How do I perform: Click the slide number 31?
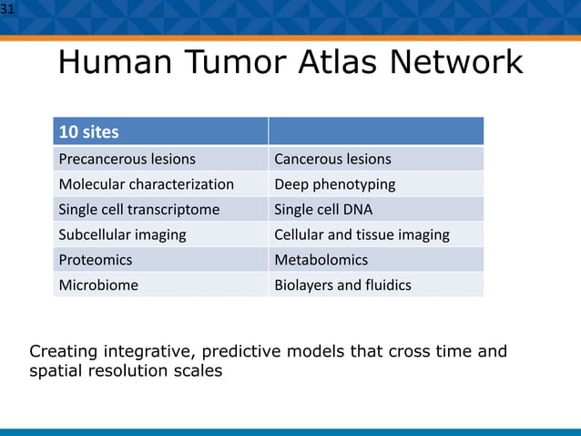tap(8, 10)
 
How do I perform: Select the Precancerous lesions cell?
tap(127, 160)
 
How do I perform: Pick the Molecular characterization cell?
tap(146, 184)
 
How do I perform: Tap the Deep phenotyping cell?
tap(334, 184)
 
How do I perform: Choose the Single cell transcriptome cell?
tap(138, 210)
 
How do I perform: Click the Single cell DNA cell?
tap(323, 210)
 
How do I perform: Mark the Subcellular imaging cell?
tap(122, 234)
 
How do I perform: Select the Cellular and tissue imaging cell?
tap(362, 234)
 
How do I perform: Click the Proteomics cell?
tap(96, 260)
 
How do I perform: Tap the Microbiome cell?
tap(98, 285)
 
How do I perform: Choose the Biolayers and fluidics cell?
tap(342, 285)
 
